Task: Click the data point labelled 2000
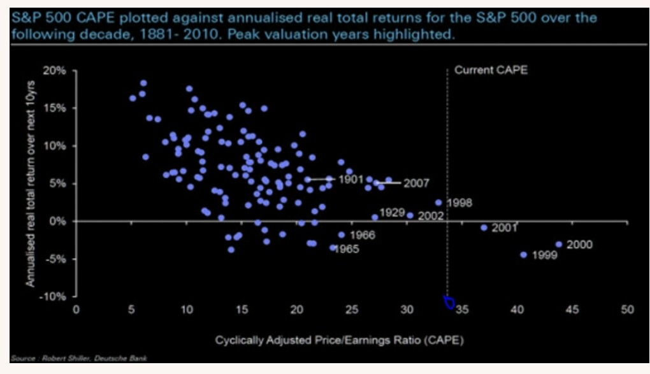559,244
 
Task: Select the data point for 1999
524,254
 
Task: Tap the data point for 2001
484,227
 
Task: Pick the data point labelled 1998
438,203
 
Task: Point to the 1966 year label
362,235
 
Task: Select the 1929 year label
393,212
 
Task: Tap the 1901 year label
350,180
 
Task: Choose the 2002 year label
431,216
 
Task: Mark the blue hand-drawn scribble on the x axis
449,302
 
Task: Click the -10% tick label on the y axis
55,296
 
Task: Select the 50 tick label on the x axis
627,310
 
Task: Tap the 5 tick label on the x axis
131,310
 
